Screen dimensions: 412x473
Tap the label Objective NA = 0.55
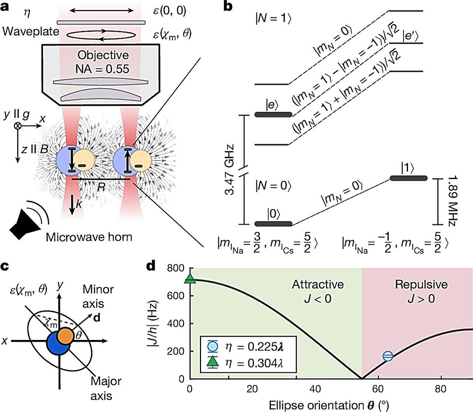pos(102,62)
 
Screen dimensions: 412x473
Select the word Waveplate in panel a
pos(30,32)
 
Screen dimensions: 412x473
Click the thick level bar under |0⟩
pos(274,224)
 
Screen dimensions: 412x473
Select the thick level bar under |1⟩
pos(408,178)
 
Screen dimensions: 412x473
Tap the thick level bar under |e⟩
pos(274,115)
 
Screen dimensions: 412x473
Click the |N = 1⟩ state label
pos(273,19)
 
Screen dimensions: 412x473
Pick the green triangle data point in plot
pos(190,279)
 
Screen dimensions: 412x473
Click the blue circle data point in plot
pos(388,356)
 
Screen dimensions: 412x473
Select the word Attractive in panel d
pos(318,284)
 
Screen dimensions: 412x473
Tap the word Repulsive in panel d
pos(421,284)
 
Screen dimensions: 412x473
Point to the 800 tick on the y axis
pos(177,268)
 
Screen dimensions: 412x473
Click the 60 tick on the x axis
pos(378,389)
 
